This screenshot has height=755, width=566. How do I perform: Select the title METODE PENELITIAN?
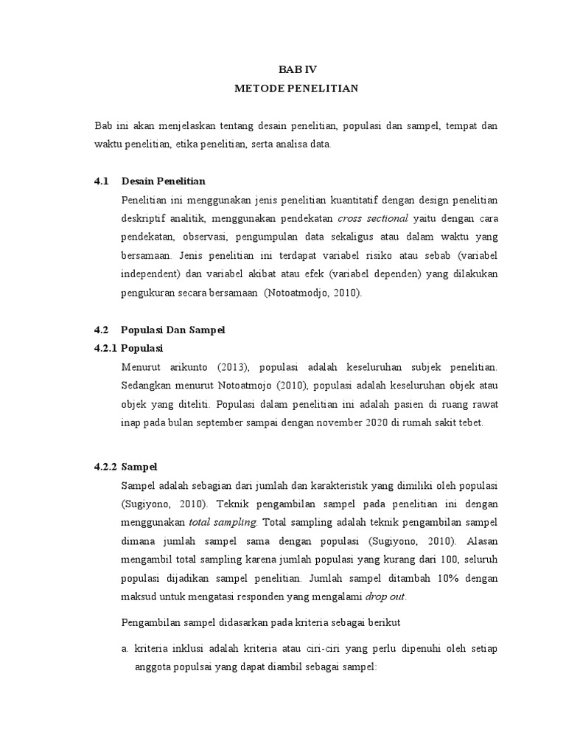point(296,88)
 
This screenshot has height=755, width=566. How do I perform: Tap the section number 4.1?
point(102,181)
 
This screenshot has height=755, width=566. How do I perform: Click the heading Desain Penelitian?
point(164,181)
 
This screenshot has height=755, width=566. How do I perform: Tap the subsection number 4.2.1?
point(106,347)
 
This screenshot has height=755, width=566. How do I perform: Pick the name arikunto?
point(177,366)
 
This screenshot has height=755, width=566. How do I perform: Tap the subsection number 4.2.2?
point(106,467)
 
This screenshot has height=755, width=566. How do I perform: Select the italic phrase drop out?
point(386,596)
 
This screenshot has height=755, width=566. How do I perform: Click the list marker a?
point(125,649)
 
